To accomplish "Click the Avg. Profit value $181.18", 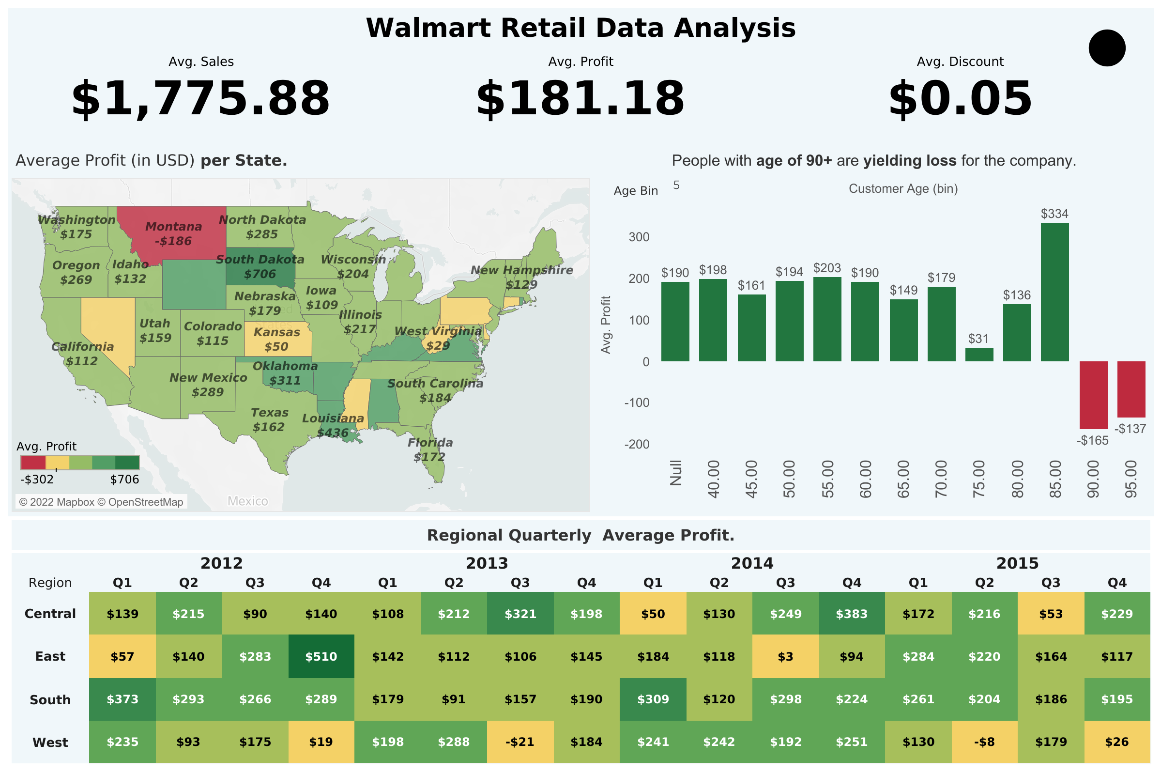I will click(x=580, y=98).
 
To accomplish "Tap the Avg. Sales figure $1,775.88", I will click(x=201, y=98).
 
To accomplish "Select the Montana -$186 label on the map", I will click(x=173, y=233).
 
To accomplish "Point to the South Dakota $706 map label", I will click(x=260, y=266).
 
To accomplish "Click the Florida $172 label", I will click(x=430, y=449).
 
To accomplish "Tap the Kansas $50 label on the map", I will click(x=276, y=339).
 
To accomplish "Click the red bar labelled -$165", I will click(x=1093, y=394).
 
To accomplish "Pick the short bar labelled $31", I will click(x=979, y=355).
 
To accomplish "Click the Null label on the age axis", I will click(x=675, y=472).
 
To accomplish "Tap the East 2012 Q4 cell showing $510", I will click(x=321, y=656).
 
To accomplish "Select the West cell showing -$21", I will click(x=520, y=742).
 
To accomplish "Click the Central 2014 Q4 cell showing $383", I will click(x=852, y=614).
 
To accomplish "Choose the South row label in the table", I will click(x=50, y=699).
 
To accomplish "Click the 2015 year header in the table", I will click(x=1017, y=563).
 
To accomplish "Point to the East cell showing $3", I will click(x=785, y=656).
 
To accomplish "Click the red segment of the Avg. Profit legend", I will click(x=32, y=463).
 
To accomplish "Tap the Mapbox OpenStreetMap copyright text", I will click(x=101, y=502).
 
